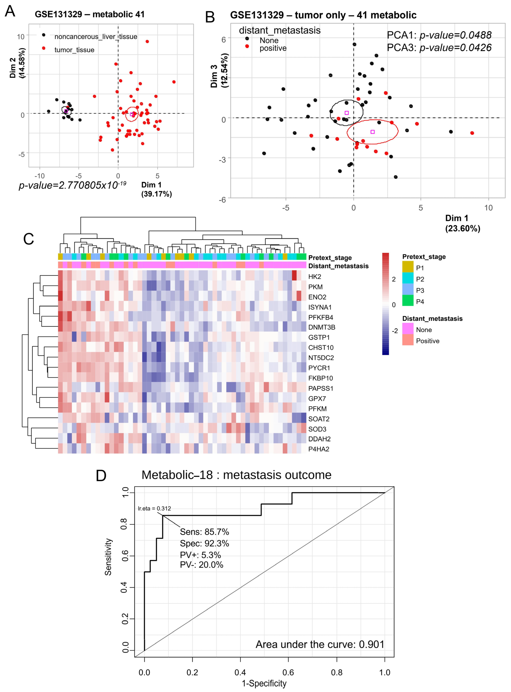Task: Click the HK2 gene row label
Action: tap(315, 277)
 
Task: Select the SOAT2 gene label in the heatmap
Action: tap(319, 419)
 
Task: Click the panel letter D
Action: tap(101, 475)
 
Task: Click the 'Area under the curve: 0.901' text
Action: tap(320, 644)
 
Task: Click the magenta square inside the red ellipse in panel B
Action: tap(372, 132)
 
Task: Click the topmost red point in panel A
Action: tap(147, 41)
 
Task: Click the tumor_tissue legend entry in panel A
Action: tap(74, 50)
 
